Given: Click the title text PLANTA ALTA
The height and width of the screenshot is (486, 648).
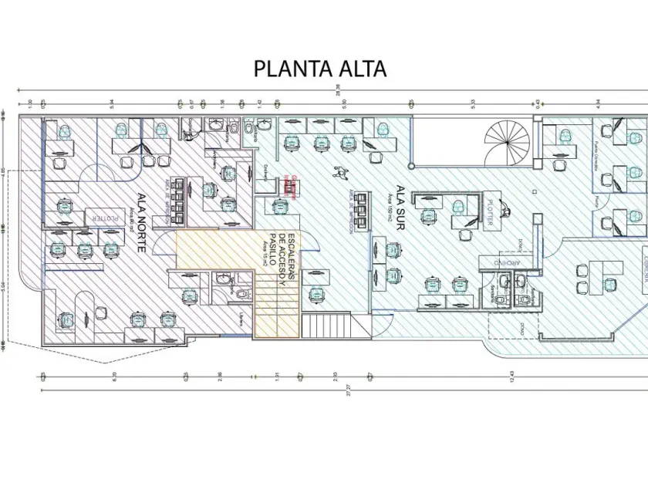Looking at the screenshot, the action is coord(320,69).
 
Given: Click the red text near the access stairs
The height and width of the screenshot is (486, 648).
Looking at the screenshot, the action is coord(291,182).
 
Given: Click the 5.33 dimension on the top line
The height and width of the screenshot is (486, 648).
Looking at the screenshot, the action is coord(472,100).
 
